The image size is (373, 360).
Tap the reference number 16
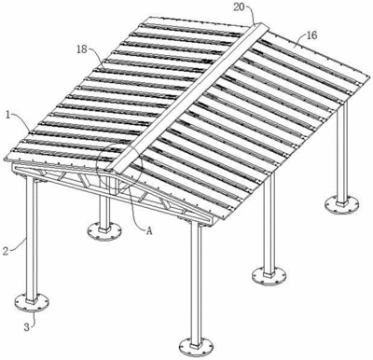311,35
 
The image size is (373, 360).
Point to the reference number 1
7,115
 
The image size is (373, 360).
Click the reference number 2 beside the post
6,251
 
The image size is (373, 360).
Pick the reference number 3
28,326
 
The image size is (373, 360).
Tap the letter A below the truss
149,230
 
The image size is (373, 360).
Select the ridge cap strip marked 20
186,96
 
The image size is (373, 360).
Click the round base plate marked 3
32,302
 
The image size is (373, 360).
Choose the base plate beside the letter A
104,231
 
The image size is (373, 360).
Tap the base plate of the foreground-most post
197,348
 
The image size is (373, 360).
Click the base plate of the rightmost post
342,205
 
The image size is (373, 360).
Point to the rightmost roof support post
342,153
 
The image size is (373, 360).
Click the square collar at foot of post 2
32,301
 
